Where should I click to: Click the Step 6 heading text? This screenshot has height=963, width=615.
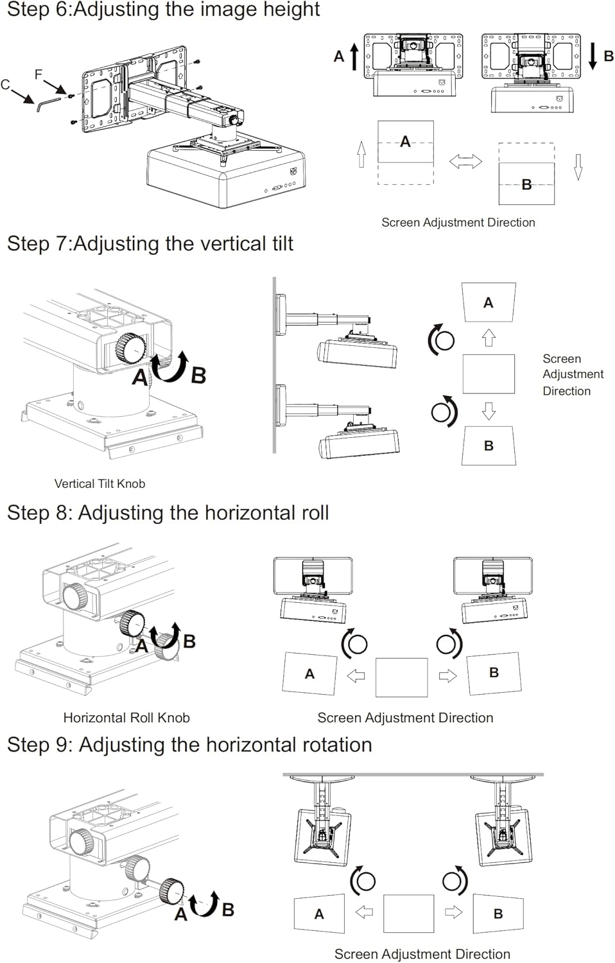163,10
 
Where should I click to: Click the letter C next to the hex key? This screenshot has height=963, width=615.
6,84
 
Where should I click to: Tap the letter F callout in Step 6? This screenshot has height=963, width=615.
39,74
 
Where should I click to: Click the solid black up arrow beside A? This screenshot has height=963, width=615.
354,56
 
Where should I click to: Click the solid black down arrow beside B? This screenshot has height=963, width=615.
593,56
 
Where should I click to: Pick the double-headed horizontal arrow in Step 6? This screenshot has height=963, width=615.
465,161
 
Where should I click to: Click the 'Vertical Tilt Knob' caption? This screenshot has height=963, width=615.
100,483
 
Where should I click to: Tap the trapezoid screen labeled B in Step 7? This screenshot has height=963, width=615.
489,445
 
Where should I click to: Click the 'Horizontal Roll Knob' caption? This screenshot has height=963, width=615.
126,717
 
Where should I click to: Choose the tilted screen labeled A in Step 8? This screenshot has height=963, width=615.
309,673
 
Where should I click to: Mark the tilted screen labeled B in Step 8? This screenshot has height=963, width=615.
494,673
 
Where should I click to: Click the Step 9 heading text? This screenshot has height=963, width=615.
189,745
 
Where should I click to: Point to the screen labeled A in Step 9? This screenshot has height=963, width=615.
319,914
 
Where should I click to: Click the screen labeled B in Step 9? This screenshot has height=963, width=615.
498,913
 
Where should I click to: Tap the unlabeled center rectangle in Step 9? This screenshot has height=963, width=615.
408,914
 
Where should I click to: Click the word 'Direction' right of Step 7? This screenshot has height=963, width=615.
566,390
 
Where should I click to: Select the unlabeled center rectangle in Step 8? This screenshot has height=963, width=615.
401,677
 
